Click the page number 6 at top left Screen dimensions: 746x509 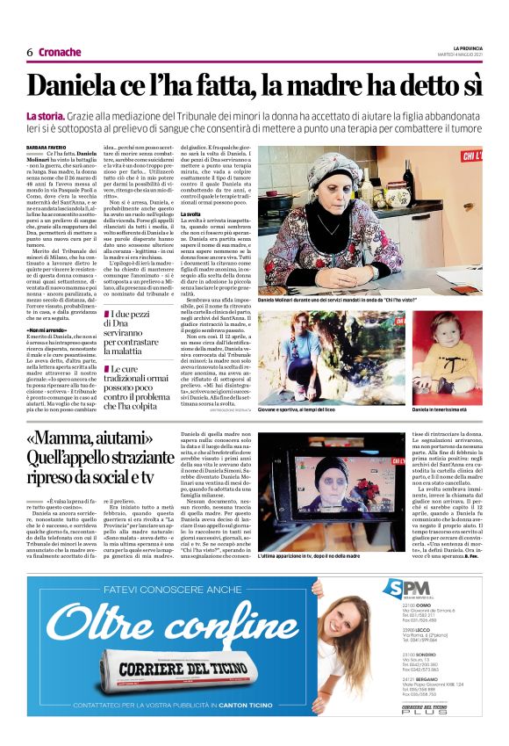[29, 52]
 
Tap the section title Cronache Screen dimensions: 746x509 [60, 52]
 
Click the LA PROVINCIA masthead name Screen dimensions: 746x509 [468, 47]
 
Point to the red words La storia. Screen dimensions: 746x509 [45, 116]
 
